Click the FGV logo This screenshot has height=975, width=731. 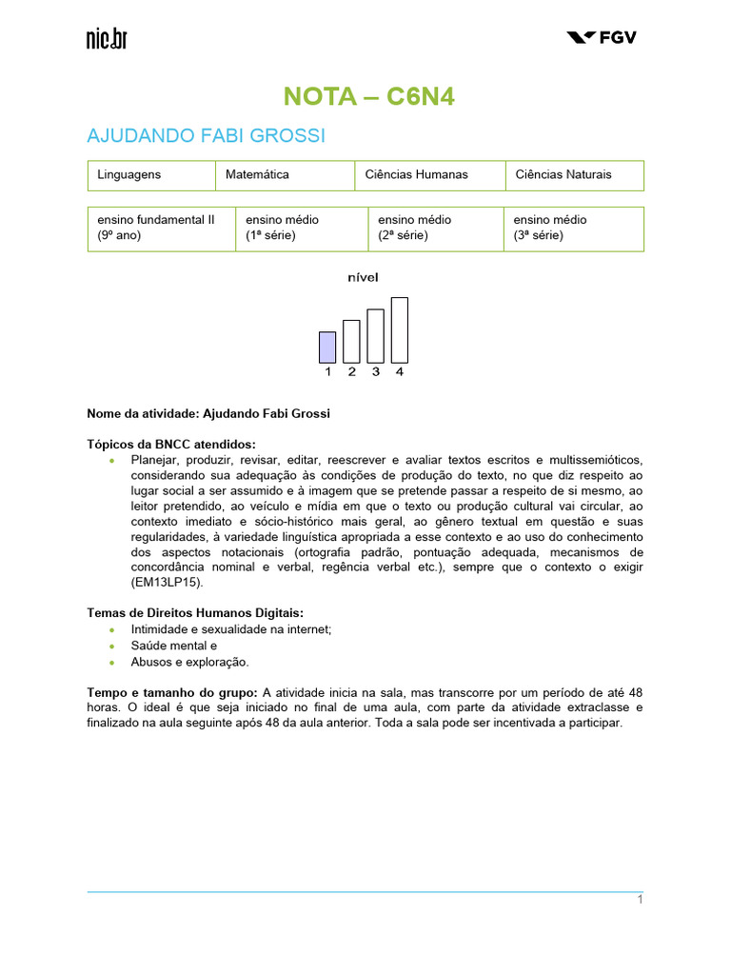pos(602,37)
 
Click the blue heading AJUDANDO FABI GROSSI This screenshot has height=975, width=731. pos(206,136)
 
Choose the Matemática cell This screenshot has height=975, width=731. pos(285,175)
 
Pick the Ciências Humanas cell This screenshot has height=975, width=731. pos(430,175)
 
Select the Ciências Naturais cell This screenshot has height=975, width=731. pos(574,175)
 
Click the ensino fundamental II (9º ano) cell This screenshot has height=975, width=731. pos(161,228)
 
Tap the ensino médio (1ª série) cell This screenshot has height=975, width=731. pos(302,228)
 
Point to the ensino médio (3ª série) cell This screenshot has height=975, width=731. pos(573,228)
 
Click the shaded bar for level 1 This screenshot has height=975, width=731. pos(327,347)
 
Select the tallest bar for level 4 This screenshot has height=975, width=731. pos(400,329)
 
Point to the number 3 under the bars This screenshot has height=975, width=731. pos(376,372)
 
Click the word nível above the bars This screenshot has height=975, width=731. pos(364,278)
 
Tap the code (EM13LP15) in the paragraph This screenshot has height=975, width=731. pos(134,582)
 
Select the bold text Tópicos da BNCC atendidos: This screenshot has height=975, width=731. pos(171,445)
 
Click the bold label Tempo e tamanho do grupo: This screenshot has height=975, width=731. pos(172,692)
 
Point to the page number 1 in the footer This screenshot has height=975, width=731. pos(641,901)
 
